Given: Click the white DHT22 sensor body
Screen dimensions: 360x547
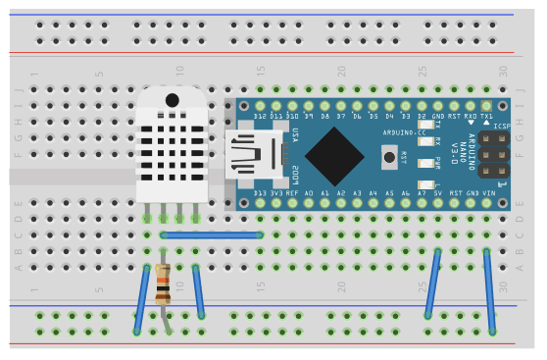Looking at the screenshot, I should click(x=172, y=147).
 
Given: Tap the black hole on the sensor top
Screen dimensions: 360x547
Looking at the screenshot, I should click(x=173, y=100).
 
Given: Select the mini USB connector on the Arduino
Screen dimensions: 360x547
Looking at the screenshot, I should click(x=253, y=157).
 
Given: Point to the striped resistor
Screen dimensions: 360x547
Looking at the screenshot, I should click(x=163, y=285).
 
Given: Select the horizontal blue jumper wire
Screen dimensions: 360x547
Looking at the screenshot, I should click(x=211, y=235).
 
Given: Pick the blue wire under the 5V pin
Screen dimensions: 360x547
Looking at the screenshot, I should click(x=432, y=284).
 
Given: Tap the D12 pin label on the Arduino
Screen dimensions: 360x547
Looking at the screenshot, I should click(x=260, y=118).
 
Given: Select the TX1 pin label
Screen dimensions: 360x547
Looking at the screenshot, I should click(x=486, y=118).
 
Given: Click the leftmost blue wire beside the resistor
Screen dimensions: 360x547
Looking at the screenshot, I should click(x=142, y=299).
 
